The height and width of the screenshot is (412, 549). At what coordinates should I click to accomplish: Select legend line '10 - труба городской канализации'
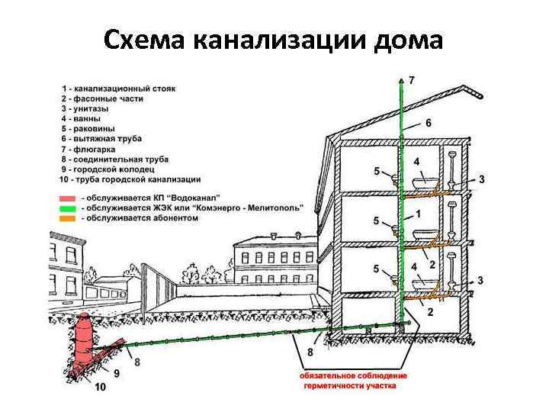[130, 179]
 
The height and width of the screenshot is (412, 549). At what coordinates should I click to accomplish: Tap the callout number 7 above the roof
[413, 80]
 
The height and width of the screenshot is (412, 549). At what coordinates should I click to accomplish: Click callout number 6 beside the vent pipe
[429, 123]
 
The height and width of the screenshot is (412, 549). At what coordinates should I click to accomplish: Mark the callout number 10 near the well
[101, 388]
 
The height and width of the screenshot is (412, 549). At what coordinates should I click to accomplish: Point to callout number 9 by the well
[116, 373]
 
